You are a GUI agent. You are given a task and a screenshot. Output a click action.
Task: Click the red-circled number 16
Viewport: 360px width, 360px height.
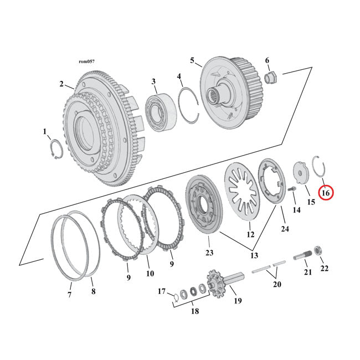pos(325,193)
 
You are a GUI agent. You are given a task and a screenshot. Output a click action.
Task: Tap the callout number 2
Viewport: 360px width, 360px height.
pos(61,84)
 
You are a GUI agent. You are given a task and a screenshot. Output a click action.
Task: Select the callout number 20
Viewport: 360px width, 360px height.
pos(277,284)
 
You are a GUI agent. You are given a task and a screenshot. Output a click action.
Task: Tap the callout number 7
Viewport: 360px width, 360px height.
pos(70,295)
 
